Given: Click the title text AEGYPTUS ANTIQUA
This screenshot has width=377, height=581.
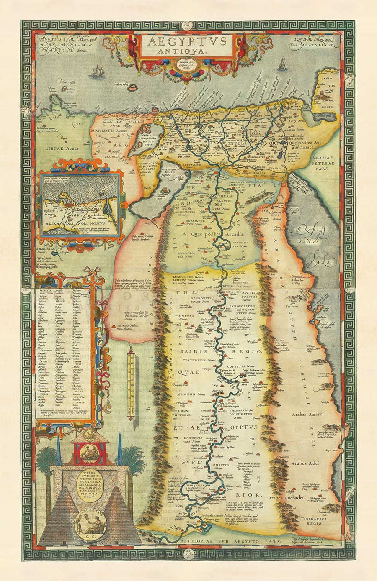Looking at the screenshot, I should point(187,45).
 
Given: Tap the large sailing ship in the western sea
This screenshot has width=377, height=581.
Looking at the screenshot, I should point(98,72).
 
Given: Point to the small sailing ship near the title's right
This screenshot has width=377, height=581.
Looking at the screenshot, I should point(282,64).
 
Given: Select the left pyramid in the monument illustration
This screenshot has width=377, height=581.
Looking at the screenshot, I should point(63,519).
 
